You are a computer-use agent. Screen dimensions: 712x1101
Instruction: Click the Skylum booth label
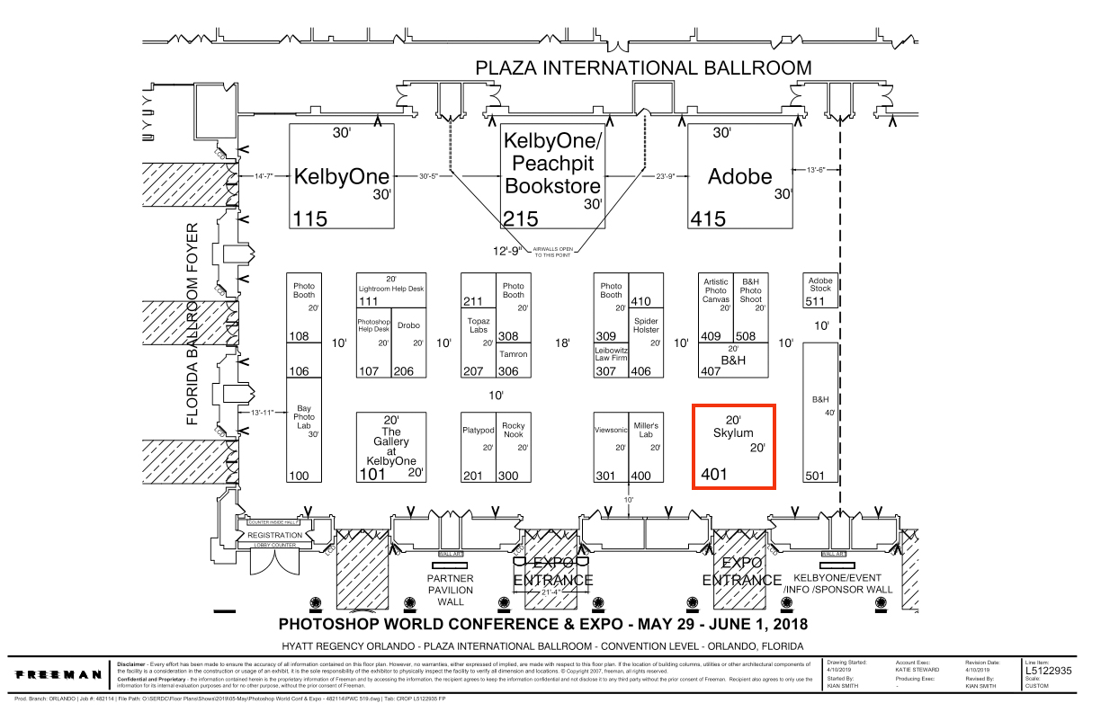(x=732, y=433)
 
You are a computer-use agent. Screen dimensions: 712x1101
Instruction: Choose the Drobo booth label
(x=408, y=325)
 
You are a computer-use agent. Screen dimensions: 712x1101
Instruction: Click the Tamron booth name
(x=513, y=354)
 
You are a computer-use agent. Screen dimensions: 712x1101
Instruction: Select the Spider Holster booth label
(x=646, y=325)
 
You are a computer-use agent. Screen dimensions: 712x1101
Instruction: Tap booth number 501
(x=815, y=476)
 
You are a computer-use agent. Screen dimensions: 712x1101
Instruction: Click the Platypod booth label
(x=479, y=430)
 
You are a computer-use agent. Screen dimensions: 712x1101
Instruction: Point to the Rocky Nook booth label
(x=513, y=430)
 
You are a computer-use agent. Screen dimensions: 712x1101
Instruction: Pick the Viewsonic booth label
(x=611, y=430)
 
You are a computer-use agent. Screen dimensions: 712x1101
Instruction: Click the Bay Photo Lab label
(x=305, y=417)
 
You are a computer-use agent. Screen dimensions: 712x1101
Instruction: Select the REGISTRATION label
(x=275, y=535)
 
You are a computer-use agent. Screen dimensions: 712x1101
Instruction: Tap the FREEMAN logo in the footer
(x=59, y=673)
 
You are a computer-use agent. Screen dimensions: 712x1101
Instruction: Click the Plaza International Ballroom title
(x=643, y=67)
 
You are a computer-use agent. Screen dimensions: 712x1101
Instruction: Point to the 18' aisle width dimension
(x=563, y=343)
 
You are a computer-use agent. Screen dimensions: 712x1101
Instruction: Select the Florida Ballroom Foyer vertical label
(x=192, y=324)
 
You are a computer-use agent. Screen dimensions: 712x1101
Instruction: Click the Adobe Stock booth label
(x=820, y=285)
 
